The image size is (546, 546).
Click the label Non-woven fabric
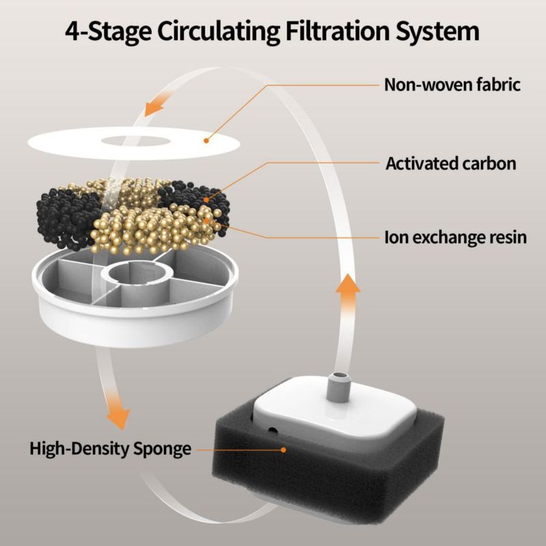452,85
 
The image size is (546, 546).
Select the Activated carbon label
451,163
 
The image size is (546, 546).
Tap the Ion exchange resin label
455,238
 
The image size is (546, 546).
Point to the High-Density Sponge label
111,449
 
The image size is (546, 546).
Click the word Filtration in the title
337,31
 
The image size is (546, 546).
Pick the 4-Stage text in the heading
109,32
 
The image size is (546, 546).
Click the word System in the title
437,32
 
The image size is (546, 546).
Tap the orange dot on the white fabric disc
206,141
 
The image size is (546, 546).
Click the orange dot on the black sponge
283,450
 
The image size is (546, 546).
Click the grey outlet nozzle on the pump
338,387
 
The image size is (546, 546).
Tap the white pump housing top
335,414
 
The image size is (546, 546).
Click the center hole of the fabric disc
136,141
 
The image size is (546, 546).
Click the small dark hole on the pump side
272,431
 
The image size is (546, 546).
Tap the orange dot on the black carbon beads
207,200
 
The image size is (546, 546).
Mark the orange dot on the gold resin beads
206,220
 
